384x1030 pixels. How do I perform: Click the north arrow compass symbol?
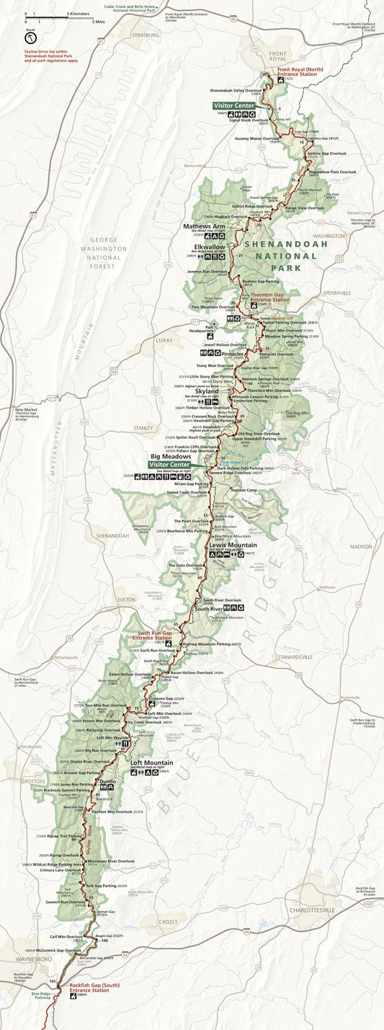pos(31,37)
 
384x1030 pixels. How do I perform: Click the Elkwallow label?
pos(206,246)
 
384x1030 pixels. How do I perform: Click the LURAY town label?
pos(165,339)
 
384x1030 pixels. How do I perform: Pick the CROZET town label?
pos(167,921)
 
